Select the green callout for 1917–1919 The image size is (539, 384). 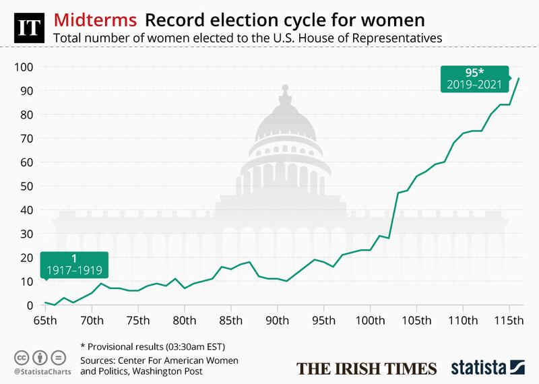[x=75, y=264]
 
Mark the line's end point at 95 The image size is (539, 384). [x=518, y=79]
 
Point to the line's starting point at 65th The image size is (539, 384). [x=45, y=302]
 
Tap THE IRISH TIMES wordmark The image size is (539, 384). [x=367, y=368]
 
